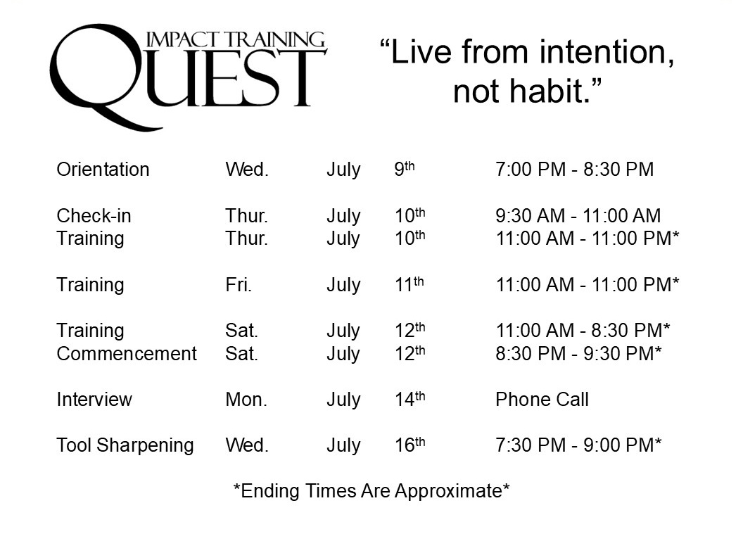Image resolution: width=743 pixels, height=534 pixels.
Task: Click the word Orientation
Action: [103, 169]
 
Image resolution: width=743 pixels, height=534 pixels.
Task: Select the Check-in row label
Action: [94, 215]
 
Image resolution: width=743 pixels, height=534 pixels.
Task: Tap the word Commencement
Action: [127, 353]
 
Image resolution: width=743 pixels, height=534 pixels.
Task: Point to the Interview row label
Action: [94, 400]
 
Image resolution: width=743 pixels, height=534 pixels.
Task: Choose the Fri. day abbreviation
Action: [239, 285]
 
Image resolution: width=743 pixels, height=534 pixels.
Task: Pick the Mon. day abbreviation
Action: [246, 400]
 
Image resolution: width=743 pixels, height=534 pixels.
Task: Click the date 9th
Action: [405, 169]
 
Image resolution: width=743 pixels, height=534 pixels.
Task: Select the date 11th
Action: [409, 284]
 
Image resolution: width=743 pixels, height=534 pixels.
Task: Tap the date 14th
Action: [410, 399]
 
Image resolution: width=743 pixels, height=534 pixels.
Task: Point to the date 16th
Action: [410, 445]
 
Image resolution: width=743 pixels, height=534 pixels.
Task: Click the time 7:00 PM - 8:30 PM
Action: [575, 169]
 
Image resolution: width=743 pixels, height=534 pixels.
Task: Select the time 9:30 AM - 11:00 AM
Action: [578, 215]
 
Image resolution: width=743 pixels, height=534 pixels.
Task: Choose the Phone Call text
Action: [542, 400]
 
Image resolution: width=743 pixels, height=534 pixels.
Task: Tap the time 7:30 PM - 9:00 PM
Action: [578, 445]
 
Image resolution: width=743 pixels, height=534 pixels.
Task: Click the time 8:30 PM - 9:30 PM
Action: [578, 353]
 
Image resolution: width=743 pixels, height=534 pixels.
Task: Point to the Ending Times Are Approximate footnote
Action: [371, 491]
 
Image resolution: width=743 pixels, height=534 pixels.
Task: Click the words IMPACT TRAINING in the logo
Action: [236, 40]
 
